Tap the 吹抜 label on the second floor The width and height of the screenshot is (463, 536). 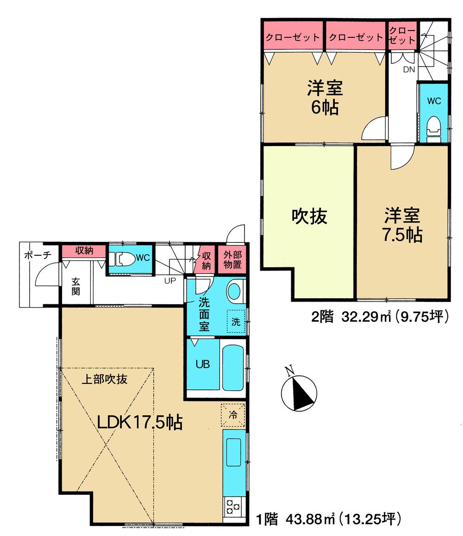click(x=309, y=216)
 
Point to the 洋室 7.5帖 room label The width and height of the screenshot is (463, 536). click(x=402, y=225)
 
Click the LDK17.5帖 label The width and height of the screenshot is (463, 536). click(x=139, y=422)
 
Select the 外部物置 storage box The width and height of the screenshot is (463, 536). click(x=233, y=260)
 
